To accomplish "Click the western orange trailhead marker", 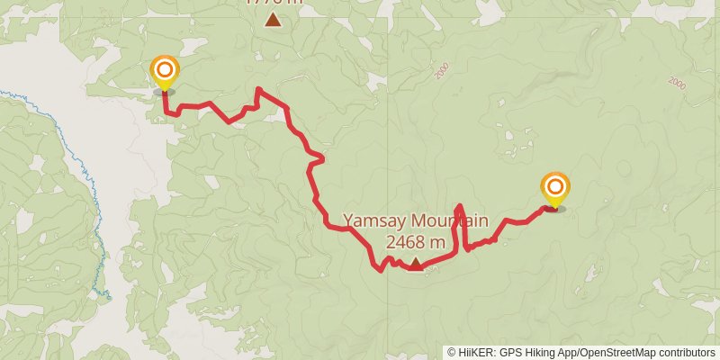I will tap(164, 70).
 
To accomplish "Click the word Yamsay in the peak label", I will tap(376, 221).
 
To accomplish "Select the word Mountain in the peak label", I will tap(450, 221).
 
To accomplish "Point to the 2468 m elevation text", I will tap(415, 242).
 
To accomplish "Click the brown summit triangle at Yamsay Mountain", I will tap(416, 263).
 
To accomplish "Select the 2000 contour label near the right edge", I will tap(678, 82).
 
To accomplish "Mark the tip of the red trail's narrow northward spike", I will tap(460, 206).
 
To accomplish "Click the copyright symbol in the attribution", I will tap(452, 353).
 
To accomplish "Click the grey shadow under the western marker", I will tap(164, 92).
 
